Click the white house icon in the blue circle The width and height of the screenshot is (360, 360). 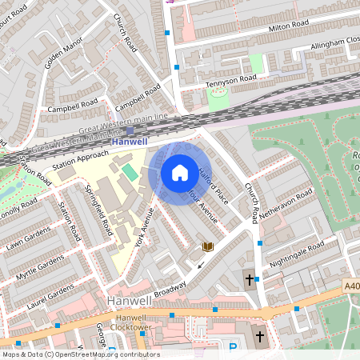coord(180,173)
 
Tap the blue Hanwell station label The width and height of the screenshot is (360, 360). coord(129,142)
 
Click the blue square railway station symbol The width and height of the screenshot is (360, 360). coord(130,130)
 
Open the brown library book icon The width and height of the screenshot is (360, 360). coord(208,247)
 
